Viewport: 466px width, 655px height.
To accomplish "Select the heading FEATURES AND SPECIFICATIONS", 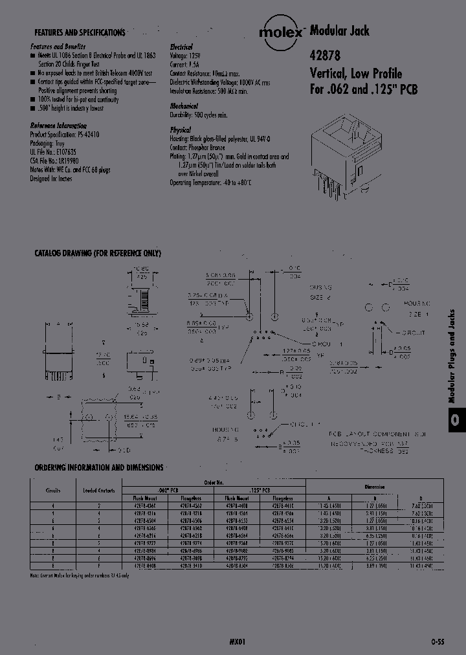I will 80,32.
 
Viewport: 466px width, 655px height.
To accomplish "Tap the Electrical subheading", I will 181,47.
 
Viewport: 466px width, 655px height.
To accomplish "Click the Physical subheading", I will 181,130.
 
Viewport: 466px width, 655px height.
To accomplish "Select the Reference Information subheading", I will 58,125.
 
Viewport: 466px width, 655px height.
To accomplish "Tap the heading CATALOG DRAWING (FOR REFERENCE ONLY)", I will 97,254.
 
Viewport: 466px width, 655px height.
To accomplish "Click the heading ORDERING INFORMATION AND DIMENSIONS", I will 99,467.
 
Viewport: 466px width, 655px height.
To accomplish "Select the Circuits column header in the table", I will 53,490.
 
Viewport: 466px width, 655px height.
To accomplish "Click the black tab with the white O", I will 456,420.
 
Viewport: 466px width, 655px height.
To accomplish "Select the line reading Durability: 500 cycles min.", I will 199,115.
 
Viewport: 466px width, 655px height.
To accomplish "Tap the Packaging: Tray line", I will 49,140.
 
